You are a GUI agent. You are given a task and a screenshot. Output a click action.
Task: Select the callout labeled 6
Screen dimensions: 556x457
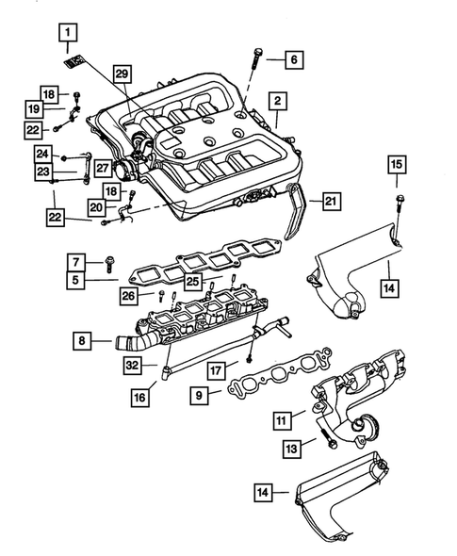click(x=291, y=59)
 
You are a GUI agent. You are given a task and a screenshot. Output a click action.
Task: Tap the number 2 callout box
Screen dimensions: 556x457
click(x=278, y=100)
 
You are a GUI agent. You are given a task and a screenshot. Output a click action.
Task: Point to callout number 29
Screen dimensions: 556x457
click(x=122, y=74)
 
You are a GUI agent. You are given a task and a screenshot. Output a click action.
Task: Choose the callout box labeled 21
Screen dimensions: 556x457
click(x=329, y=201)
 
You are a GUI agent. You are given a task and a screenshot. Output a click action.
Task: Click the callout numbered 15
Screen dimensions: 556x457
click(x=397, y=166)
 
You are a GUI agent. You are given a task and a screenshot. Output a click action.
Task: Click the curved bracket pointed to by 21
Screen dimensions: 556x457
click(x=294, y=217)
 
